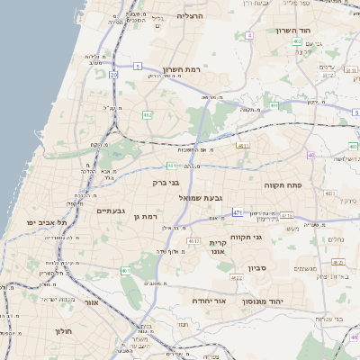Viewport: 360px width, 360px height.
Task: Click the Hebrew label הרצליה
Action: [191, 16]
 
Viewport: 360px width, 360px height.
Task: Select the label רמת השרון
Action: [182, 69]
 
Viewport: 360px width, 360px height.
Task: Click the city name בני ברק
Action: [167, 183]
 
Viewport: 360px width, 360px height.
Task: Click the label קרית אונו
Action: [222, 247]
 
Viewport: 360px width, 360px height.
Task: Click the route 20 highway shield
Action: [114, 76]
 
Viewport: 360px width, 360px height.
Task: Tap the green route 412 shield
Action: [145, 114]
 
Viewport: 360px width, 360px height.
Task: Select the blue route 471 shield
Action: [238, 211]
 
